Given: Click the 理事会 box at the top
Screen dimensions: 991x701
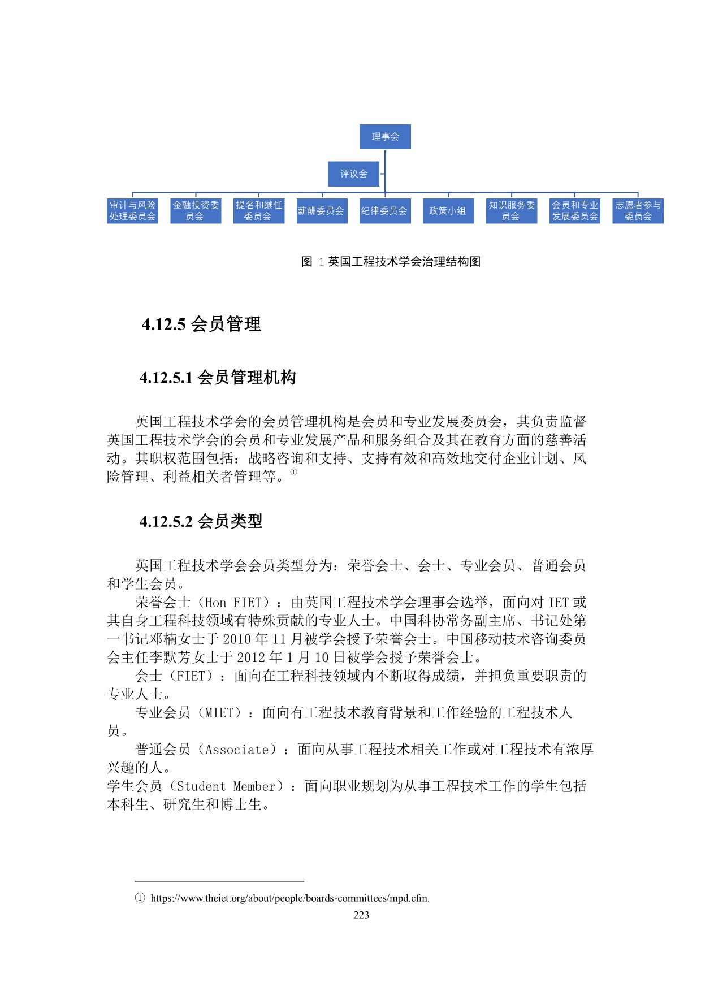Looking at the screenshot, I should click(385, 137).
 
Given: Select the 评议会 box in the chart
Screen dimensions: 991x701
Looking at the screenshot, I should click(353, 174).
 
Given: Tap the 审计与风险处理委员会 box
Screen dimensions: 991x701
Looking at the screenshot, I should click(132, 211).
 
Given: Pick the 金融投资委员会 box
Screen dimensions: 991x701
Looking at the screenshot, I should click(196, 211).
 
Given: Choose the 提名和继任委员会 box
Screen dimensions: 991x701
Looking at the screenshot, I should click(258, 211).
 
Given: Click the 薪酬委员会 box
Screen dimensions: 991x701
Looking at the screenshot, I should click(322, 211).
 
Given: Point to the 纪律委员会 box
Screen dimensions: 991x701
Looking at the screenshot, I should click(384, 211).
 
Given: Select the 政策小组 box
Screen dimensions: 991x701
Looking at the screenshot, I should click(448, 211).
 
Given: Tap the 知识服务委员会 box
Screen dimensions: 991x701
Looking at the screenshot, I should click(511, 211).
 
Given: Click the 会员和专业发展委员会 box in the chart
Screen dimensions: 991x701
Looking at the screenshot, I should click(574, 211).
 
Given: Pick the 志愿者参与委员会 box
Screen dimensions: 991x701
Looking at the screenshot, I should click(638, 211).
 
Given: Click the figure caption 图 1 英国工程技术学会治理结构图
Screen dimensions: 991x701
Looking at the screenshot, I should click(391, 262).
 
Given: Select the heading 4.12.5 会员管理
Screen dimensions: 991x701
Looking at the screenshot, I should click(201, 324).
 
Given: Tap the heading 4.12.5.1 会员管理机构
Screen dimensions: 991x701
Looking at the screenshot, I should click(218, 378).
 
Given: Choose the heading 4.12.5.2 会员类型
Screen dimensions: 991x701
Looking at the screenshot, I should click(201, 521).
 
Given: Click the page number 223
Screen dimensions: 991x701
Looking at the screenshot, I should click(361, 915).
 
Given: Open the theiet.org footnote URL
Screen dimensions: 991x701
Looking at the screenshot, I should click(290, 898).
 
